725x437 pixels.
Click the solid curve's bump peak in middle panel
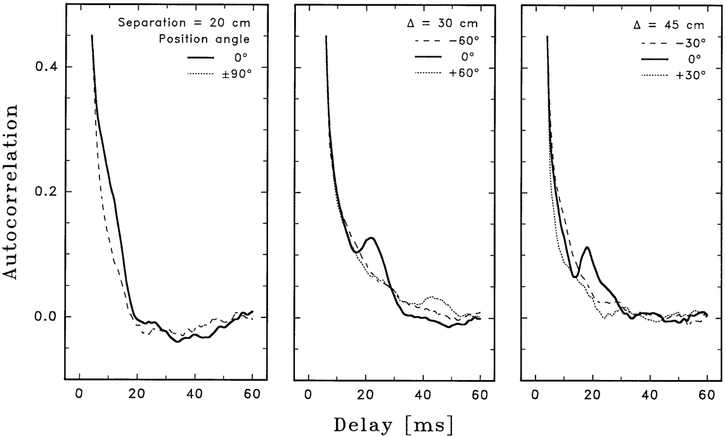coord(372,238)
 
